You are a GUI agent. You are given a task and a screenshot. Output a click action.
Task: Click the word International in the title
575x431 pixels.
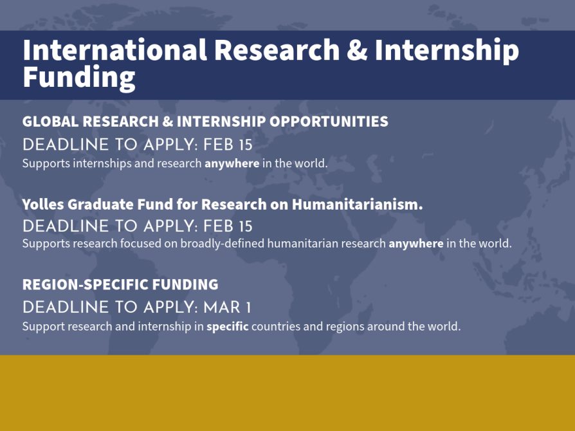(x=114, y=51)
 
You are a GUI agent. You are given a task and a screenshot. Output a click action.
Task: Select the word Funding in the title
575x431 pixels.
(x=78, y=77)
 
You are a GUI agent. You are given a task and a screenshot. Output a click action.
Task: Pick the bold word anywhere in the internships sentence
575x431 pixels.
(x=232, y=163)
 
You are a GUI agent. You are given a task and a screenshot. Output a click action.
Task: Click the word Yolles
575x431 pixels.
(x=42, y=205)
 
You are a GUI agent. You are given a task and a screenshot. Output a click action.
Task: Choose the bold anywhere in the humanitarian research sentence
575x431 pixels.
(x=415, y=244)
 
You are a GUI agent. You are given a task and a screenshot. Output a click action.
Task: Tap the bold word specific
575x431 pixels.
(x=227, y=327)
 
